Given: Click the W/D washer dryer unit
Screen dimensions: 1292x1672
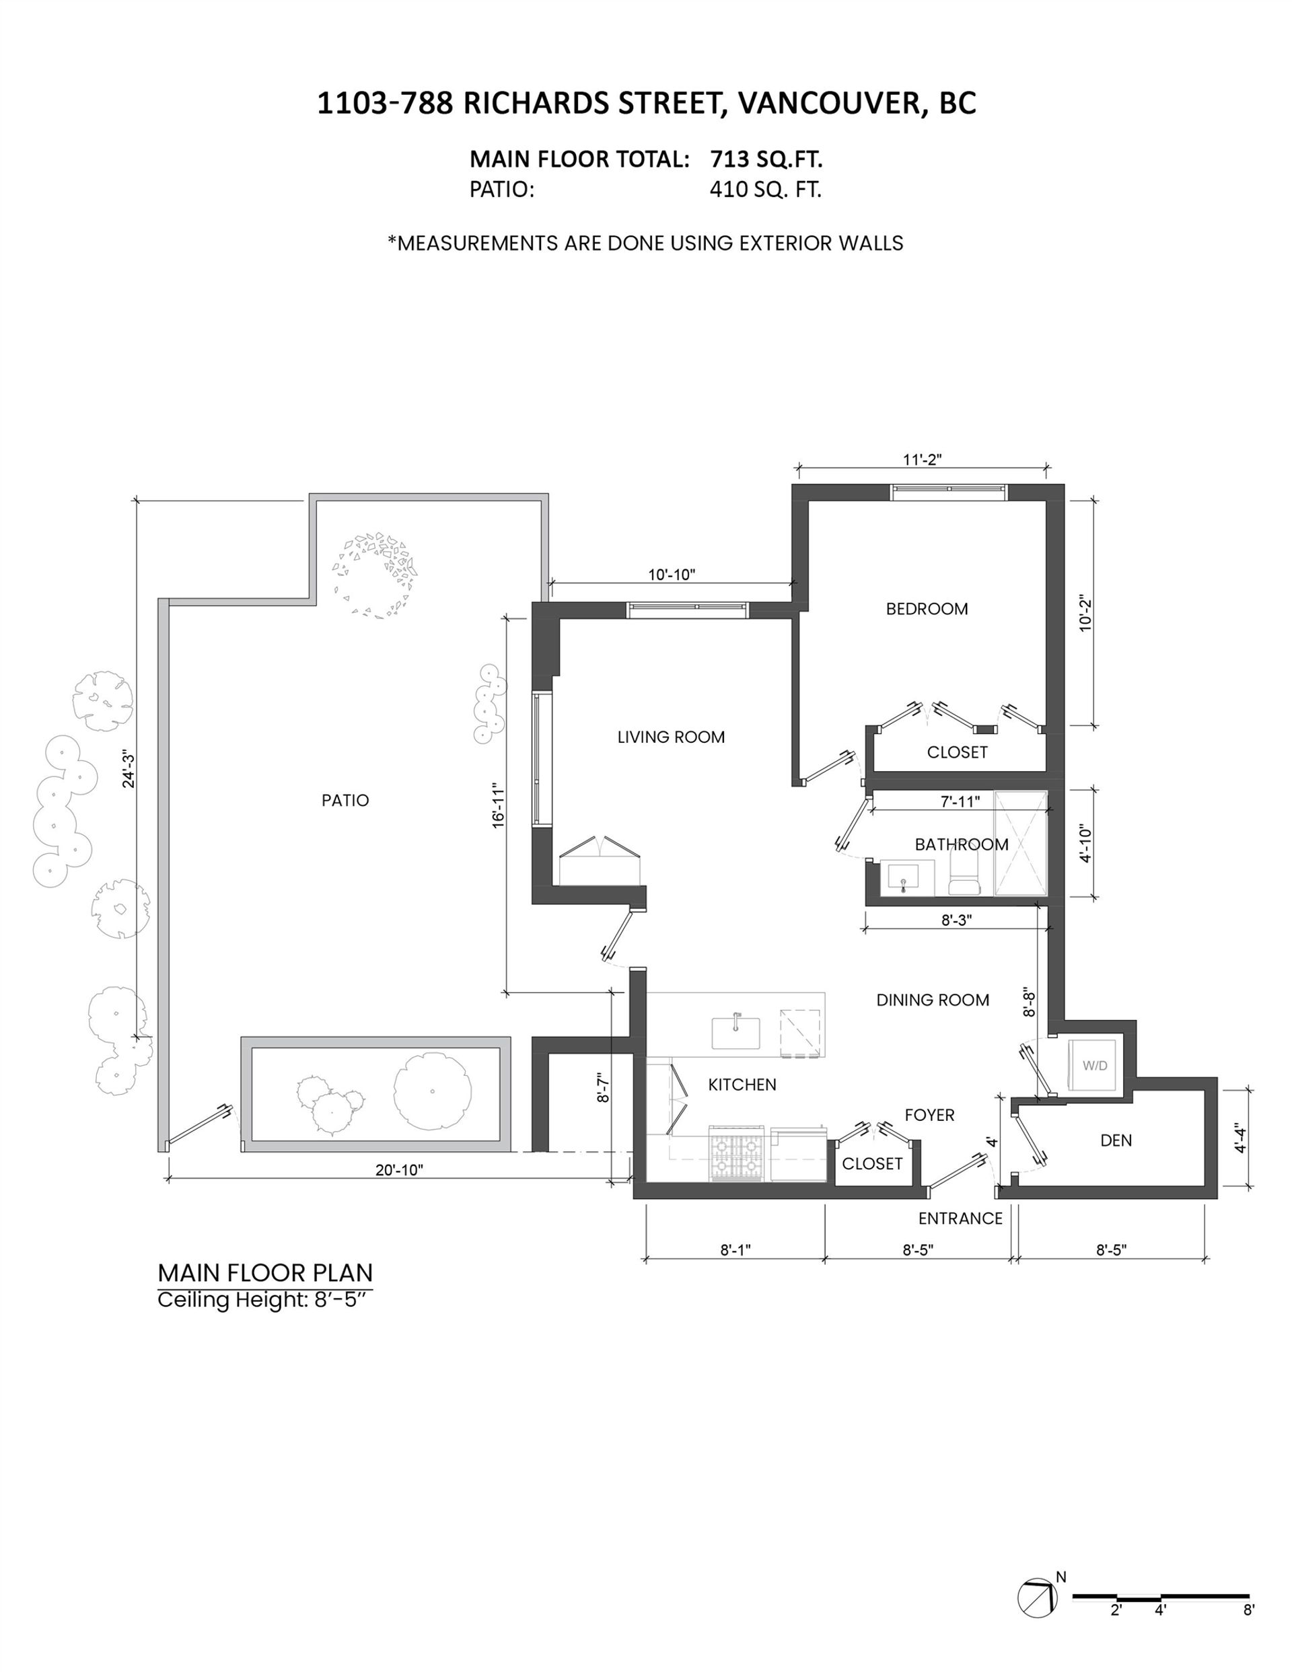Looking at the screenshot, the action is [x=1093, y=1065].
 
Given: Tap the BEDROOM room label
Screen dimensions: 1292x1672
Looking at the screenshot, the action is [x=927, y=609].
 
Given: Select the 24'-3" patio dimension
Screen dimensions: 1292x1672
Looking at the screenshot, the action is [x=128, y=771].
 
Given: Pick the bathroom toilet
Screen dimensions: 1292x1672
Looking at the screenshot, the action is [x=964, y=874].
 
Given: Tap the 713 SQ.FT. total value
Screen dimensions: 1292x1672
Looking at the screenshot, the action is [x=766, y=159].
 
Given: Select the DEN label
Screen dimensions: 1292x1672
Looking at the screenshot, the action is [x=1116, y=1140].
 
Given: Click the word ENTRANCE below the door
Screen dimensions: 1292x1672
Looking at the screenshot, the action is [x=960, y=1218].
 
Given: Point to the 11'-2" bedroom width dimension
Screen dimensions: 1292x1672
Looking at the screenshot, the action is [x=922, y=460].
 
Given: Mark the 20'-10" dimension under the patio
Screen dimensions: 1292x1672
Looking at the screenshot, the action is [x=399, y=1170].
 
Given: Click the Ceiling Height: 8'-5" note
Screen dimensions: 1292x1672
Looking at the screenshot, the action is [x=265, y=1300].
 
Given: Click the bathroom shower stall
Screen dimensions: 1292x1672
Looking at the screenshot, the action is [x=1020, y=843].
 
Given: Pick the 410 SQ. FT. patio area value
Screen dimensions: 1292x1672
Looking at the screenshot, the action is [x=766, y=189].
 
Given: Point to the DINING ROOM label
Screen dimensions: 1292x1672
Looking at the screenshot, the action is [x=933, y=1000].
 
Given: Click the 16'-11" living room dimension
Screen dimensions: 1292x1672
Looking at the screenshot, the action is [x=499, y=805].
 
